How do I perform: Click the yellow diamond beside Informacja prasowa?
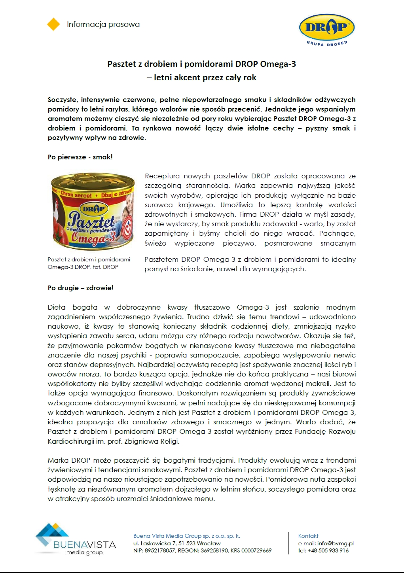[53, 25]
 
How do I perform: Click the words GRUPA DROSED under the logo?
[327, 43]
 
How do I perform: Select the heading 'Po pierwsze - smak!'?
[80, 157]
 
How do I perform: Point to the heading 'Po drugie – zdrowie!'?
[80, 288]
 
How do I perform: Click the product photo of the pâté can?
[92, 211]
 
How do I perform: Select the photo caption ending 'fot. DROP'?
[89, 263]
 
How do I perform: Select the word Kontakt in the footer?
[308, 536]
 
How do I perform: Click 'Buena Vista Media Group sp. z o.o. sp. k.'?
[186, 536]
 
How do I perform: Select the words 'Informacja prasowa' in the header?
[103, 25]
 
